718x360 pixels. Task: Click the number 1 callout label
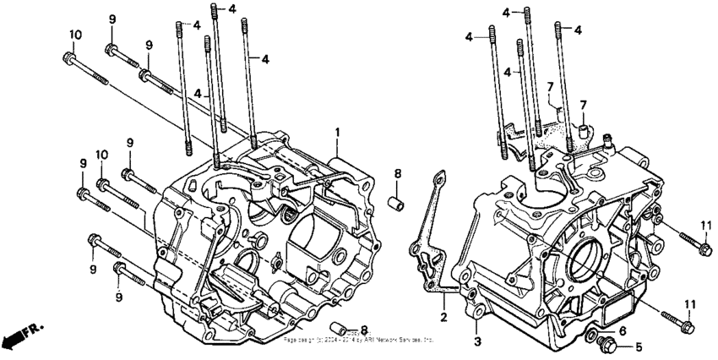pyautogui.click(x=337, y=133)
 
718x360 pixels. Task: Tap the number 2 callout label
pyautogui.click(x=441, y=317)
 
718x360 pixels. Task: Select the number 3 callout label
pyautogui.click(x=476, y=341)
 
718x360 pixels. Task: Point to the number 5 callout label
pyautogui.click(x=639, y=346)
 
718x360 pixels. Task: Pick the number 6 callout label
pyautogui.click(x=623, y=331)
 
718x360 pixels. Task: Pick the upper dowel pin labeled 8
pyautogui.click(x=394, y=203)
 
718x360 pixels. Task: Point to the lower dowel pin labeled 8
pyautogui.click(x=340, y=328)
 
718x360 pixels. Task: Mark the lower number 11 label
pyautogui.click(x=690, y=304)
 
